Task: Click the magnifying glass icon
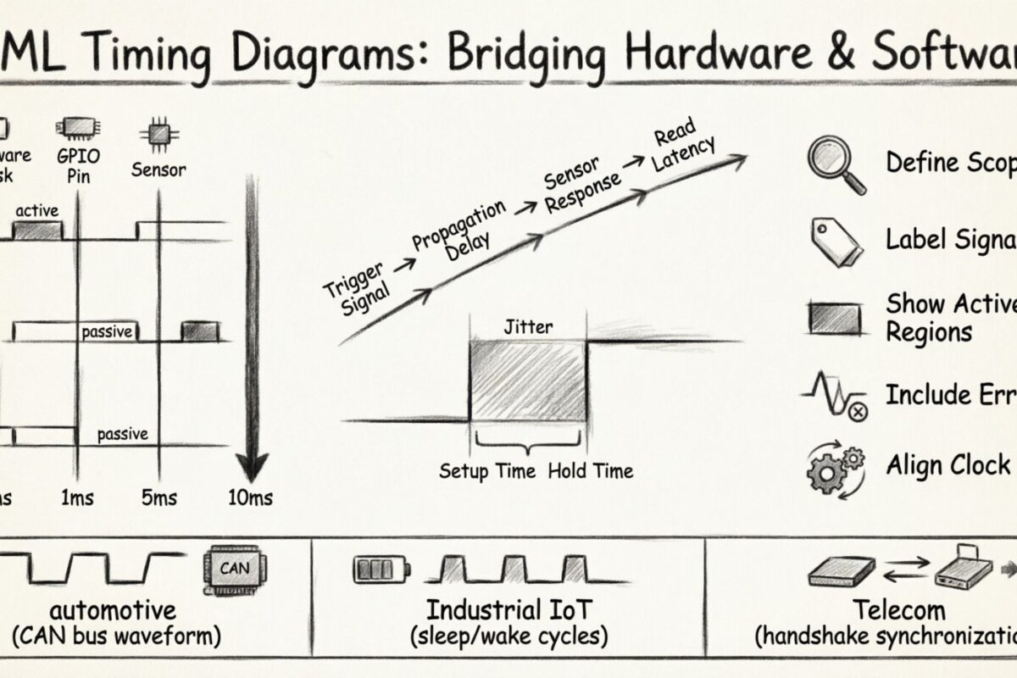pos(836,164)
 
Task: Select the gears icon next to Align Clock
pos(836,467)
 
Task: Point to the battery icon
pos(380,568)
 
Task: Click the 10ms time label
pos(251,497)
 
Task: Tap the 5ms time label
pos(159,497)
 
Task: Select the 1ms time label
pos(78,497)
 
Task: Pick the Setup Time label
pos(487,470)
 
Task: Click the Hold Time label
pos(591,470)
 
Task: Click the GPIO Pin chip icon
pos(76,128)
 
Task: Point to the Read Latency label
pos(682,143)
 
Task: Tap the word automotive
pos(113,609)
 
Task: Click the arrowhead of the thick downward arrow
pos(252,464)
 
